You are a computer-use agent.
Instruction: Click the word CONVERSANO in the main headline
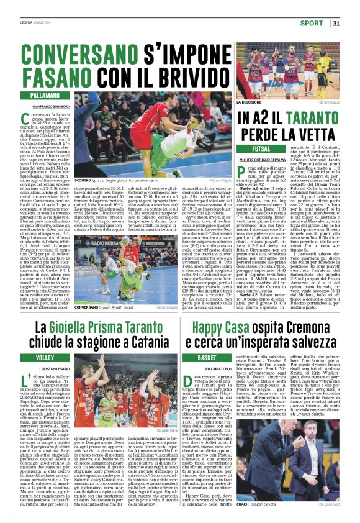tap(96, 53)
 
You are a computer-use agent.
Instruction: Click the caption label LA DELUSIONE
tap(250, 102)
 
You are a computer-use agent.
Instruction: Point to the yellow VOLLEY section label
tap(45, 358)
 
